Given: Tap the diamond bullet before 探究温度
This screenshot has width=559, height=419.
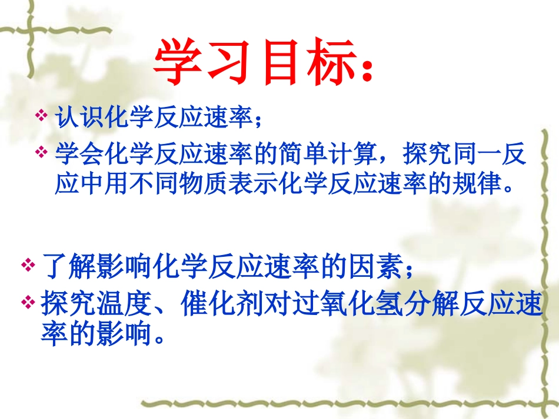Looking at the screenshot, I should pos(28,303).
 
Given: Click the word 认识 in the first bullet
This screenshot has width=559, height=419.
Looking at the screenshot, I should pos(73,116).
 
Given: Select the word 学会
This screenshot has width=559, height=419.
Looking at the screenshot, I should pos(73,154).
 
